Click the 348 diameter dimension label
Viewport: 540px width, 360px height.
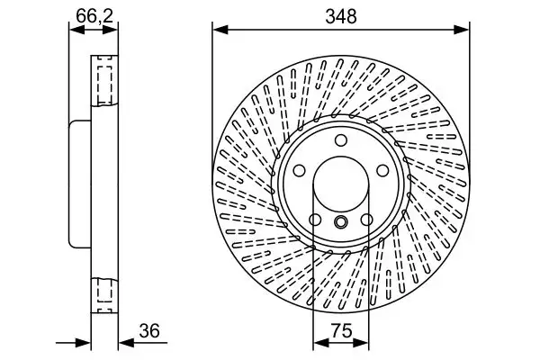tap(340, 15)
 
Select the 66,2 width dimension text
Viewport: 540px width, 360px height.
tap(87, 14)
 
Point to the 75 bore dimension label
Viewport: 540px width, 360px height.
tap(339, 330)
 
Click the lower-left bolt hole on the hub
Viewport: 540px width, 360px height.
tap(315, 220)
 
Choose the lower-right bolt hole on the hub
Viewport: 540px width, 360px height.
tap(365, 220)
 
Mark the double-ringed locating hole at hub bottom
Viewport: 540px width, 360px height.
tap(340, 223)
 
